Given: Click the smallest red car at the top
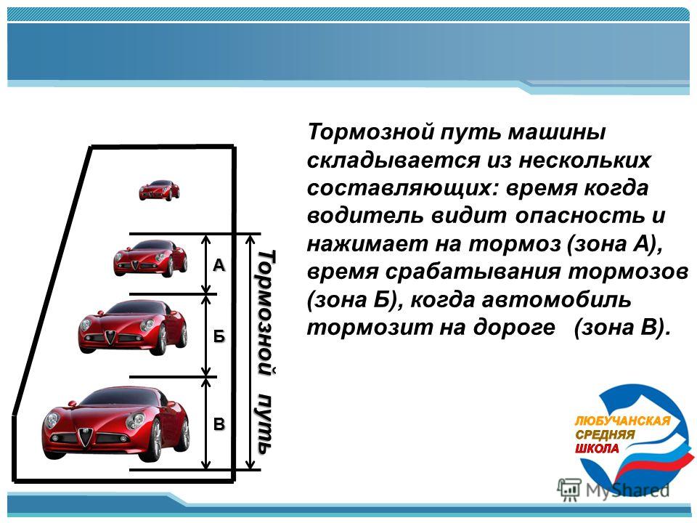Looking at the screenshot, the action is [x=159, y=190].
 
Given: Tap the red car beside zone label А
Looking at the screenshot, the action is [x=150, y=259].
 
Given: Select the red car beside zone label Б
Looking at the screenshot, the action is [x=133, y=328].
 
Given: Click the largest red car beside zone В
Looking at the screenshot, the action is [x=116, y=423].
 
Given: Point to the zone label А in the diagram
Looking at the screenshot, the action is [x=219, y=266].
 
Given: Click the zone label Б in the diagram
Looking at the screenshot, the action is [x=219, y=336].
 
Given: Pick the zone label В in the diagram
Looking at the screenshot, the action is [x=219, y=423].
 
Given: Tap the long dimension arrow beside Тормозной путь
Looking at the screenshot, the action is [x=250, y=352].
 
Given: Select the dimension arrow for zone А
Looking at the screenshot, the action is [x=205, y=264].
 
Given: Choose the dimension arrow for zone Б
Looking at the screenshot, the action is [x=205, y=336].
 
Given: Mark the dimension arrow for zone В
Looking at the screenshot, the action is [x=205, y=423].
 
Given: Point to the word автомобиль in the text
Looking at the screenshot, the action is [x=556, y=300].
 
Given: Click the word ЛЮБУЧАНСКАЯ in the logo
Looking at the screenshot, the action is [x=622, y=421].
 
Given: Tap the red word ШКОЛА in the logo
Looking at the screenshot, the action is [x=597, y=448].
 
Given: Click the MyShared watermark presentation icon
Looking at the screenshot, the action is [x=569, y=490].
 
